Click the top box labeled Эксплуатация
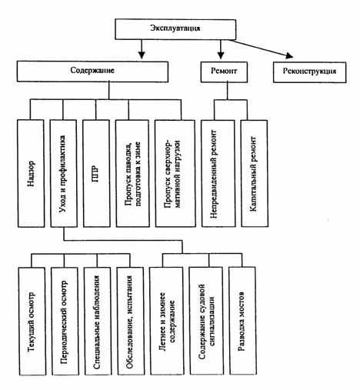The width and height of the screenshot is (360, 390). pyautogui.click(x=175, y=29)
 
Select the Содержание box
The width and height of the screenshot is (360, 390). pyautogui.click(x=92, y=72)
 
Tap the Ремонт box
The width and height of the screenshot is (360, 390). pyautogui.click(x=224, y=72)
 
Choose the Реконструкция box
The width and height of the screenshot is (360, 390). pyautogui.click(x=309, y=72)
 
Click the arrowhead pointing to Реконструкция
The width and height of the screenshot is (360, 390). pyautogui.click(x=289, y=55)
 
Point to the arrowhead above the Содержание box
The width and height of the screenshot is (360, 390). pyautogui.click(x=142, y=55)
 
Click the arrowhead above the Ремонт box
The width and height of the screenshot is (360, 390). pyautogui.click(x=221, y=55)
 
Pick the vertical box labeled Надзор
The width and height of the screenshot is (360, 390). pyautogui.click(x=31, y=173)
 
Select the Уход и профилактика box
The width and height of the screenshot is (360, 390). pyautogui.click(x=64, y=173)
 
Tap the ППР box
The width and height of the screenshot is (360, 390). pyautogui.click(x=97, y=173)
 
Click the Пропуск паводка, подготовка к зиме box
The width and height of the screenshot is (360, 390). pyautogui.click(x=132, y=173)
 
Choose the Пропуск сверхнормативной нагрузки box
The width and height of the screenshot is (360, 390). pyautogui.click(x=175, y=173)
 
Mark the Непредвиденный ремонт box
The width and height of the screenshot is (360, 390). pyautogui.click(x=218, y=173)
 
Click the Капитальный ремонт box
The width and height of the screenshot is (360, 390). pyautogui.click(x=255, y=173)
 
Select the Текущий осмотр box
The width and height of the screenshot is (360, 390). pyautogui.click(x=32, y=322)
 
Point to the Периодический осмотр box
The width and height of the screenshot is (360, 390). pyautogui.click(x=65, y=322)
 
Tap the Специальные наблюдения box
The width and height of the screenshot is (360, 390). pyautogui.click(x=98, y=322)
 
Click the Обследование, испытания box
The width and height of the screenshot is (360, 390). pyautogui.click(x=131, y=322)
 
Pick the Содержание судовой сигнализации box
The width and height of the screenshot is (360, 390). pyautogui.click(x=206, y=321)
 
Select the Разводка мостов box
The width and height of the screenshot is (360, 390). pyautogui.click(x=242, y=321)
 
